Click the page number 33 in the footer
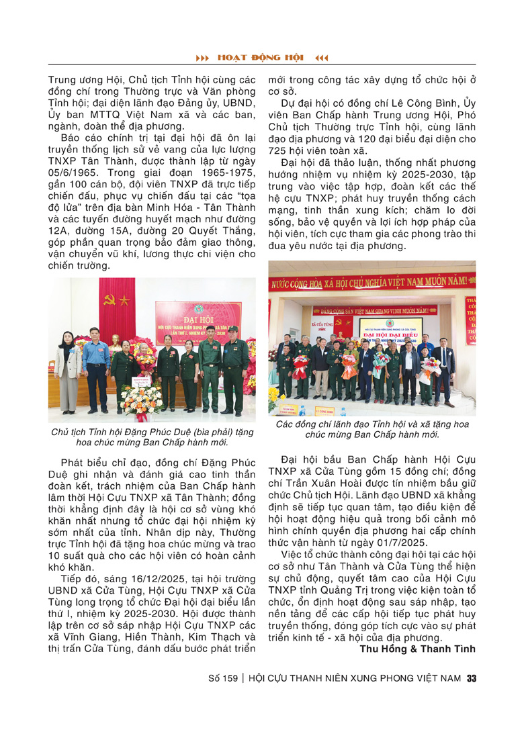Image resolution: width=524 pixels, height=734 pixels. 472,679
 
